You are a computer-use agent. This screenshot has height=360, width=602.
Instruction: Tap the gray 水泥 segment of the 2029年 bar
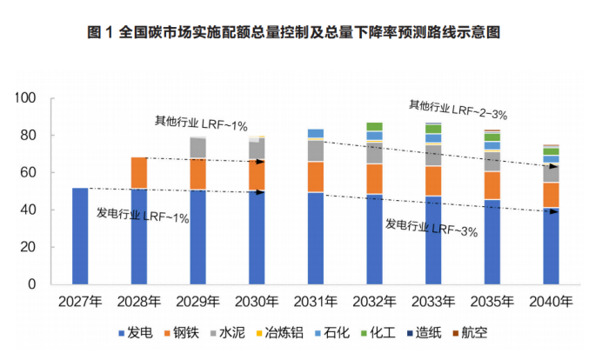click(198, 148)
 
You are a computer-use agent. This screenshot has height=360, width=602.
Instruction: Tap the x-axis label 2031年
click(315, 303)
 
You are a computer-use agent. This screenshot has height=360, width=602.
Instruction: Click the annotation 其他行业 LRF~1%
click(189, 123)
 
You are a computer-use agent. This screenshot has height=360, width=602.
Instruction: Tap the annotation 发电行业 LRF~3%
click(431, 228)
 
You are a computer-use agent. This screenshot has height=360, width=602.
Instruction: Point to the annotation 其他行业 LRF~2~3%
click(458, 110)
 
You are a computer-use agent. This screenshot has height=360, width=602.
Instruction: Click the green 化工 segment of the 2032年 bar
click(374, 127)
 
